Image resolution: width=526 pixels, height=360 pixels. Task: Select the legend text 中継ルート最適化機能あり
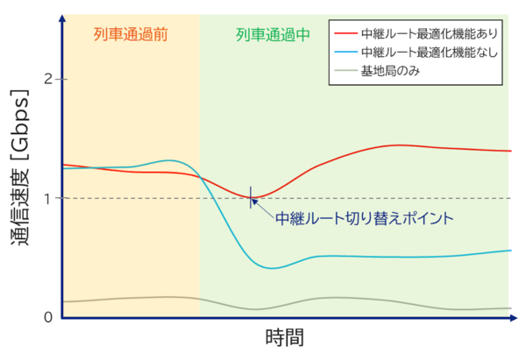click(424, 34)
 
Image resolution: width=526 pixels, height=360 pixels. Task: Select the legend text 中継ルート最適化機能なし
click(424, 53)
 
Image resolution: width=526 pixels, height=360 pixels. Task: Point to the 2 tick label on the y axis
click(49, 80)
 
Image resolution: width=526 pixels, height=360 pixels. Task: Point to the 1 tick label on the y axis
click(49, 198)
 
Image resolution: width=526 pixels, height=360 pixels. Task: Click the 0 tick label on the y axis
click(49, 316)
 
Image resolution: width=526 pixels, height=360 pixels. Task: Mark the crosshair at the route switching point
click(252, 197)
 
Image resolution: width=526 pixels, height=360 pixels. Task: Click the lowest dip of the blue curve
click(274, 268)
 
